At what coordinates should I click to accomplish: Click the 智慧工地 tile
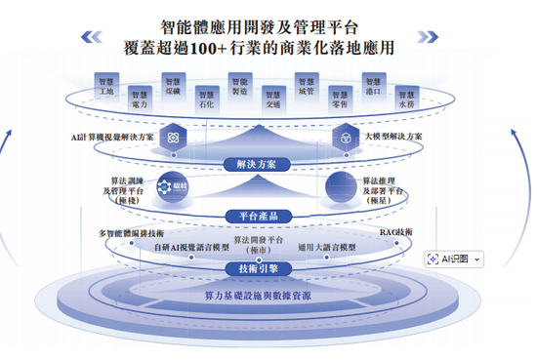pos(106,86)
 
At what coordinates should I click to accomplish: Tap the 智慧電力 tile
pos(139,99)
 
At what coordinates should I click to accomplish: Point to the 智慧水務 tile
pos(405,99)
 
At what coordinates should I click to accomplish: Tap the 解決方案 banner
pos(257,164)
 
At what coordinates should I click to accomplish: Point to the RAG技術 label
pos(395,232)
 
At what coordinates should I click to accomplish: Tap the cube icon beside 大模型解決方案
pos(344,138)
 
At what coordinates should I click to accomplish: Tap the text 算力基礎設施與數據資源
pos(258,295)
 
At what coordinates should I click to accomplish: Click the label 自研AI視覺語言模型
pos(191,248)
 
